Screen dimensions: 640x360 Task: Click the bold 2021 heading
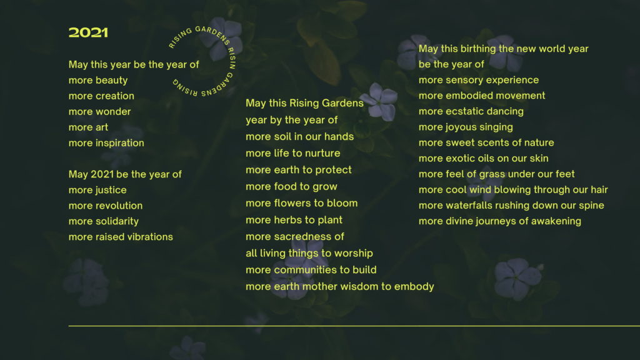(88, 32)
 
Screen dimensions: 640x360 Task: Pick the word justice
(111, 190)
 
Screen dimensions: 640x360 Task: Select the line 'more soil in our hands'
(299, 137)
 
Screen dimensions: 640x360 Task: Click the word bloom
(344, 203)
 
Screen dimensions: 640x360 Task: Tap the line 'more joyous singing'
(466, 127)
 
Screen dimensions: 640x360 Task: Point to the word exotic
(459, 158)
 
